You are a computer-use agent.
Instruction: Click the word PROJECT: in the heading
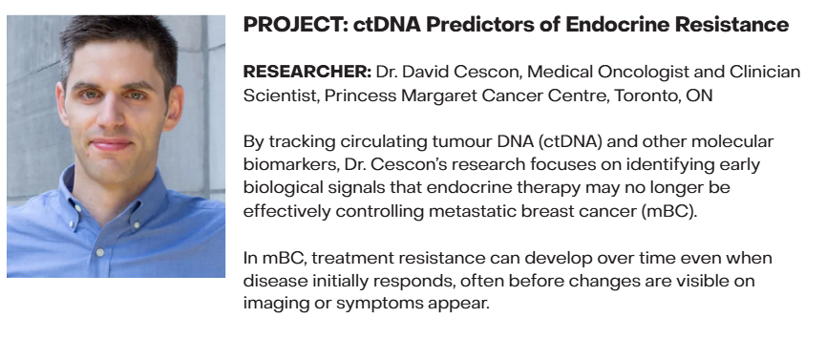click(295, 25)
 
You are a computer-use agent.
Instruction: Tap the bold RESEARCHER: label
click(307, 72)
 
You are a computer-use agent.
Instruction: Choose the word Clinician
click(765, 72)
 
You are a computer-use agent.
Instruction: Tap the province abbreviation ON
click(699, 95)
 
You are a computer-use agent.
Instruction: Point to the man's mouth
click(110, 144)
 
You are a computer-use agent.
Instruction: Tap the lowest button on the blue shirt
click(99, 252)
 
